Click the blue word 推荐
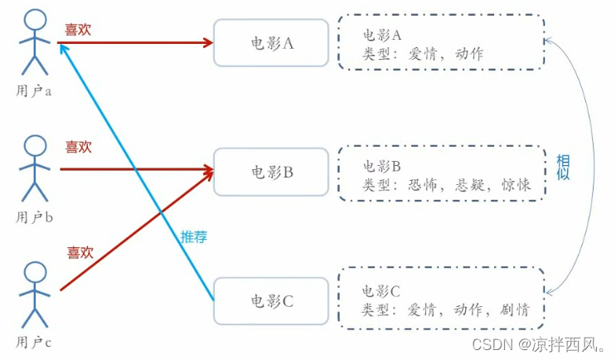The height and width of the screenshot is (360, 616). coord(194,236)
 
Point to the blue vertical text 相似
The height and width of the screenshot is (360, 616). coord(563,168)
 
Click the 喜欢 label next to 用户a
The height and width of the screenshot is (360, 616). coord(79,29)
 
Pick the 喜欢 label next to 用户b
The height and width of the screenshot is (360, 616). coord(79,148)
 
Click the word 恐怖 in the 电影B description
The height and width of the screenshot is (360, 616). coord(424,187)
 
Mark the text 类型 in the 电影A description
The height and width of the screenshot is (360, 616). coord(377,54)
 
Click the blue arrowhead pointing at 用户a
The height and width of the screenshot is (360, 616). coord(63,46)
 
